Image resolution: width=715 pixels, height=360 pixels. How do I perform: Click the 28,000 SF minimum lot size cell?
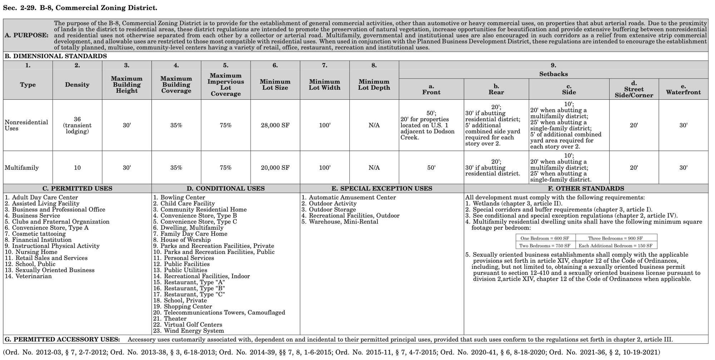(x=275, y=125)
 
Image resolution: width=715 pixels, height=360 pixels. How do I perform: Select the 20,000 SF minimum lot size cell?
(x=275, y=168)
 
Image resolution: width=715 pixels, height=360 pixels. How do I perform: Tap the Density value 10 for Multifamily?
(x=77, y=168)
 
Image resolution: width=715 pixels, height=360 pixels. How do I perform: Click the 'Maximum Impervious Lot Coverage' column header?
(x=226, y=85)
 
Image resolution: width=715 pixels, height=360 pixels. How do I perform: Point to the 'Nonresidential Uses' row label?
(x=26, y=125)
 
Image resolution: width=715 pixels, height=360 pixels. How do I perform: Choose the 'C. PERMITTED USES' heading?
(x=77, y=189)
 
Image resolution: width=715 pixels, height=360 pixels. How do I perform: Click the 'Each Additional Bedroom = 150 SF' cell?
(x=615, y=246)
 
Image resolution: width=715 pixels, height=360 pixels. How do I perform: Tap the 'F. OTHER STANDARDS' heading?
(x=586, y=189)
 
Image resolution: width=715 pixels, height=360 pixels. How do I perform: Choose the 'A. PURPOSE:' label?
(x=27, y=35)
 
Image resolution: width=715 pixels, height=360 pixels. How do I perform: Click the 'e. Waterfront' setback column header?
(x=683, y=89)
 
